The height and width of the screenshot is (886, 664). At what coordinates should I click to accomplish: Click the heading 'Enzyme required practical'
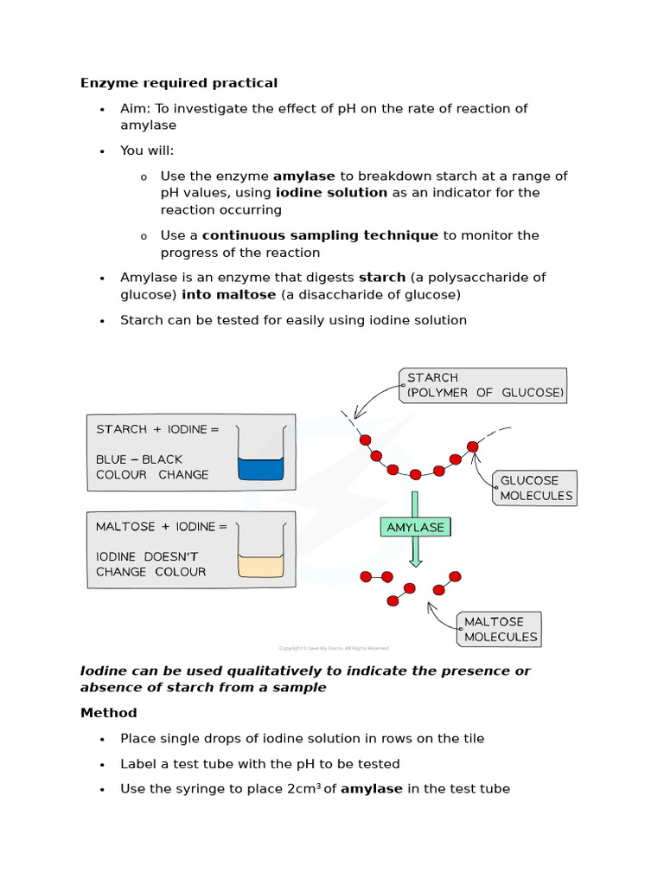179,83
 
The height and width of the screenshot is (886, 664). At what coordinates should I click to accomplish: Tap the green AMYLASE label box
415,527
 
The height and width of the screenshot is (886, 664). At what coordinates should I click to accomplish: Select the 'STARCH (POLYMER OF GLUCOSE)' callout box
483,385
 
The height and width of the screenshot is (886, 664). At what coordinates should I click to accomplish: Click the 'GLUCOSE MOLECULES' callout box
534,488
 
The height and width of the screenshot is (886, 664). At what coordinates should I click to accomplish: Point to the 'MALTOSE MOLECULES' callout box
499,629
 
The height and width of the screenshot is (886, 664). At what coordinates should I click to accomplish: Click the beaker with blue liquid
260,458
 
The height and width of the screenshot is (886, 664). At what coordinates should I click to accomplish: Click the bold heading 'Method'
109,713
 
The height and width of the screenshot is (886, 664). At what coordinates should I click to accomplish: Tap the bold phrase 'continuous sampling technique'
320,235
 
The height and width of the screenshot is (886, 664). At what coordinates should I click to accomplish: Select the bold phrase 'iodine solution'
331,193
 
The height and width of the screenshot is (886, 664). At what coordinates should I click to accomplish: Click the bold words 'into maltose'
228,295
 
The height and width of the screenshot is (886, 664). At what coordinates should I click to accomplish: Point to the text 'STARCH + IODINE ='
157,429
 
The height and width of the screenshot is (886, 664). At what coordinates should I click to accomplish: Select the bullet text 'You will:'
147,151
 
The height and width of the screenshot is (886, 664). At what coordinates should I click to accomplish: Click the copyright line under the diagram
334,648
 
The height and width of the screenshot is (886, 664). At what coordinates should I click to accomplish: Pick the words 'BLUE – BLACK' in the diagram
139,459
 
